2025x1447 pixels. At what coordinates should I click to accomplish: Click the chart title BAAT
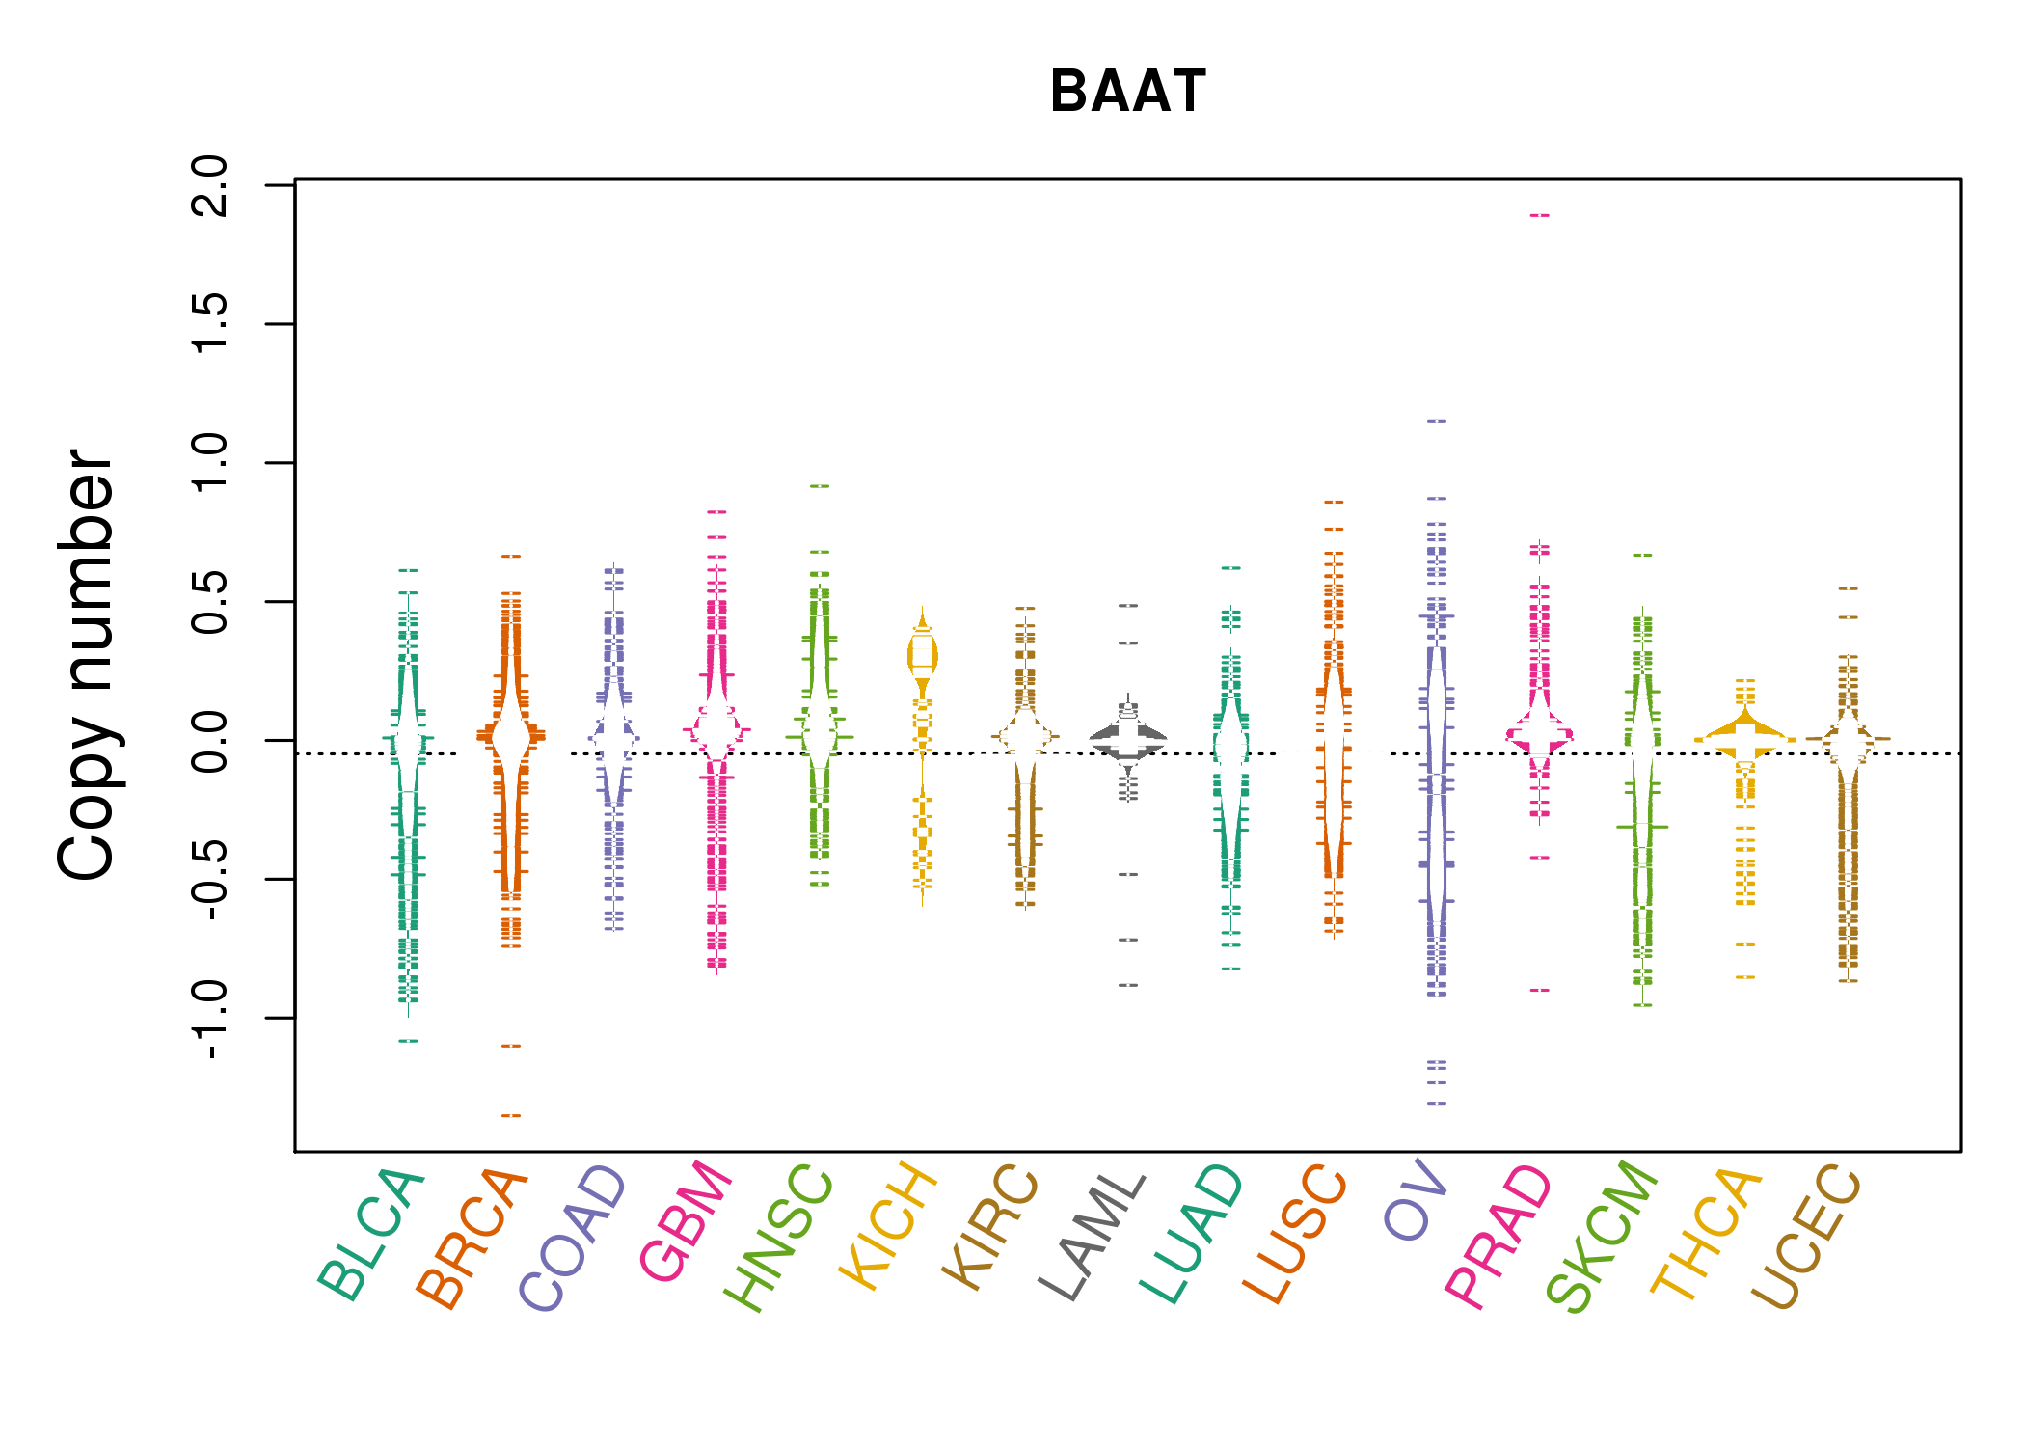(x=1127, y=93)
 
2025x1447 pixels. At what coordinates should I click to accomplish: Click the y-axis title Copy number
(x=87, y=665)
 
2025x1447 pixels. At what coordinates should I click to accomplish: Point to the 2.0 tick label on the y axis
(x=210, y=185)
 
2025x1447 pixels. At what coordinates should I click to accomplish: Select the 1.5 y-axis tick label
(x=210, y=324)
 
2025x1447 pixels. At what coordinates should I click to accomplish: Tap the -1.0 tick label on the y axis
(x=210, y=1019)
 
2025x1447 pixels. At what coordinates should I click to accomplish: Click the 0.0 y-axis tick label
(x=210, y=741)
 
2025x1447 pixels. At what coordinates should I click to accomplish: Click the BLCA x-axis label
(x=371, y=1234)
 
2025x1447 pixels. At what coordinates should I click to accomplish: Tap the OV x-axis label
(x=1417, y=1200)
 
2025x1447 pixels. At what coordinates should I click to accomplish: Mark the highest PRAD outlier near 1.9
(x=1539, y=215)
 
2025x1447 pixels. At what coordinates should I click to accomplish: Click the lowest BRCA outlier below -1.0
(x=511, y=1116)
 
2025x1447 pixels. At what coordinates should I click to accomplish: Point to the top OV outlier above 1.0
(x=1437, y=421)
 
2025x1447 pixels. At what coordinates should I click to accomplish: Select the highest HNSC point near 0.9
(x=820, y=486)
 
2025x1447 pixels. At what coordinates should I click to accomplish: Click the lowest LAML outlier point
(x=1128, y=985)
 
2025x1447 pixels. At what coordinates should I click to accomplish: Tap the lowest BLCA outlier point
(x=409, y=1041)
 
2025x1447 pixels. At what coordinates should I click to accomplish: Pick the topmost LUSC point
(x=1334, y=502)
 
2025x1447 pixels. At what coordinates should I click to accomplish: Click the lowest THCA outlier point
(x=1745, y=977)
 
